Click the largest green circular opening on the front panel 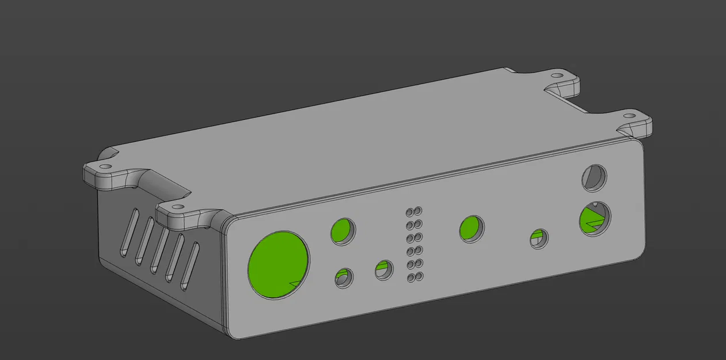click(279, 264)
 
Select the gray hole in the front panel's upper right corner click(595, 177)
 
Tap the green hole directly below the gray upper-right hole click(594, 219)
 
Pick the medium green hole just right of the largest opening click(343, 231)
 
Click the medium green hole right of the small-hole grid click(472, 229)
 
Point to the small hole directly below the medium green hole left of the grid click(344, 278)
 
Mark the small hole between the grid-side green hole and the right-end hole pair click(539, 237)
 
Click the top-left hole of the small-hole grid click(410, 211)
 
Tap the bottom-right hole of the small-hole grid click(419, 277)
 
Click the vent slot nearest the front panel click(190, 266)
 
